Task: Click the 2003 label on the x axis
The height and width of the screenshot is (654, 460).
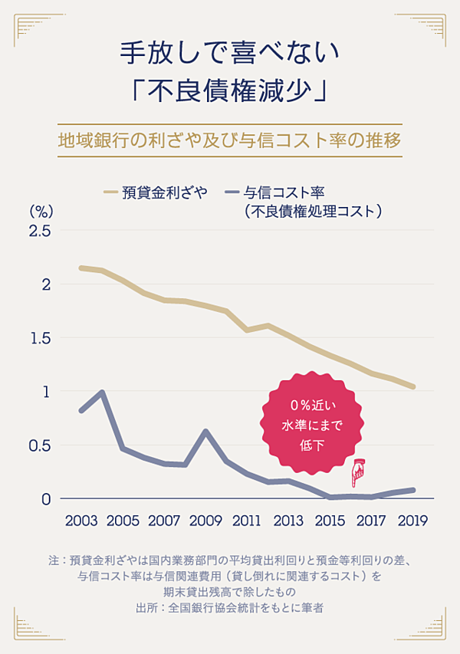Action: [80, 521]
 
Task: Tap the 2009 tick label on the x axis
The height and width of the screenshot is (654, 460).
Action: [205, 521]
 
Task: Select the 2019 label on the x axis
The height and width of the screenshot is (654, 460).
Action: [412, 521]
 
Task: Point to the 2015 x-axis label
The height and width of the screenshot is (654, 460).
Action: [330, 521]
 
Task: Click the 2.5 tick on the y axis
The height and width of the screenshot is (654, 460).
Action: [39, 231]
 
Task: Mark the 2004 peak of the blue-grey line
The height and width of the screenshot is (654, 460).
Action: [101, 393]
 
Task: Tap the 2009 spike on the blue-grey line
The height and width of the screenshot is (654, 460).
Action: [205, 432]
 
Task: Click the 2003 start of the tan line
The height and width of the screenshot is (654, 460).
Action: [81, 268]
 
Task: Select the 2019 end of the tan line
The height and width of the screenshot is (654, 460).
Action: [413, 386]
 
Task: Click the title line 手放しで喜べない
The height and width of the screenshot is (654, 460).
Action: [229, 53]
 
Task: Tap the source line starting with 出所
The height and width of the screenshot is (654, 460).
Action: [229, 607]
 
